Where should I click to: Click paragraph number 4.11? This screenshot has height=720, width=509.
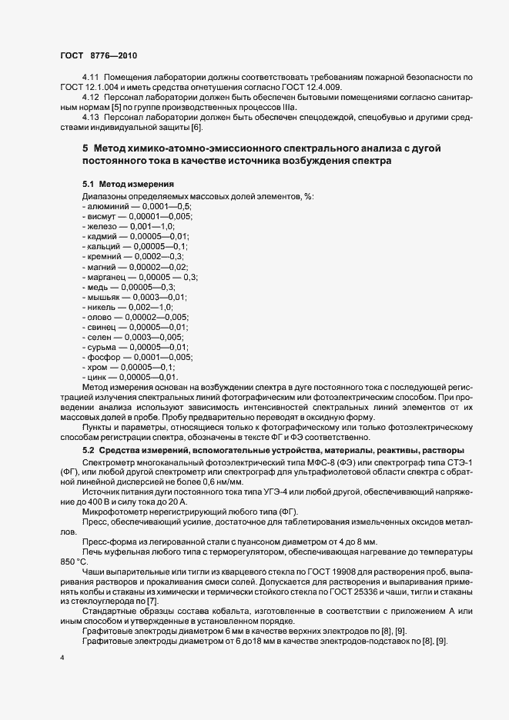pyautogui.click(x=92, y=79)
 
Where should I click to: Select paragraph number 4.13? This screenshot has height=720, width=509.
pyautogui.click(x=92, y=116)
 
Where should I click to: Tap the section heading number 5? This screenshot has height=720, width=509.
pyautogui.click(x=85, y=147)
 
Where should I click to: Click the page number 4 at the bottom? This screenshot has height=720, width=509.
pyautogui.click(x=62, y=659)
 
